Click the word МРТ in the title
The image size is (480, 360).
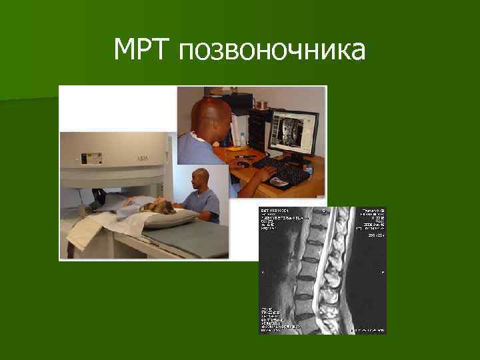(143, 49)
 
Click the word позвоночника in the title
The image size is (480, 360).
(272, 52)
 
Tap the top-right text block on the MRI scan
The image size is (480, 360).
(373, 219)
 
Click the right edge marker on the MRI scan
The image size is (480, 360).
(383, 273)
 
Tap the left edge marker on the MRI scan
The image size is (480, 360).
(263, 273)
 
